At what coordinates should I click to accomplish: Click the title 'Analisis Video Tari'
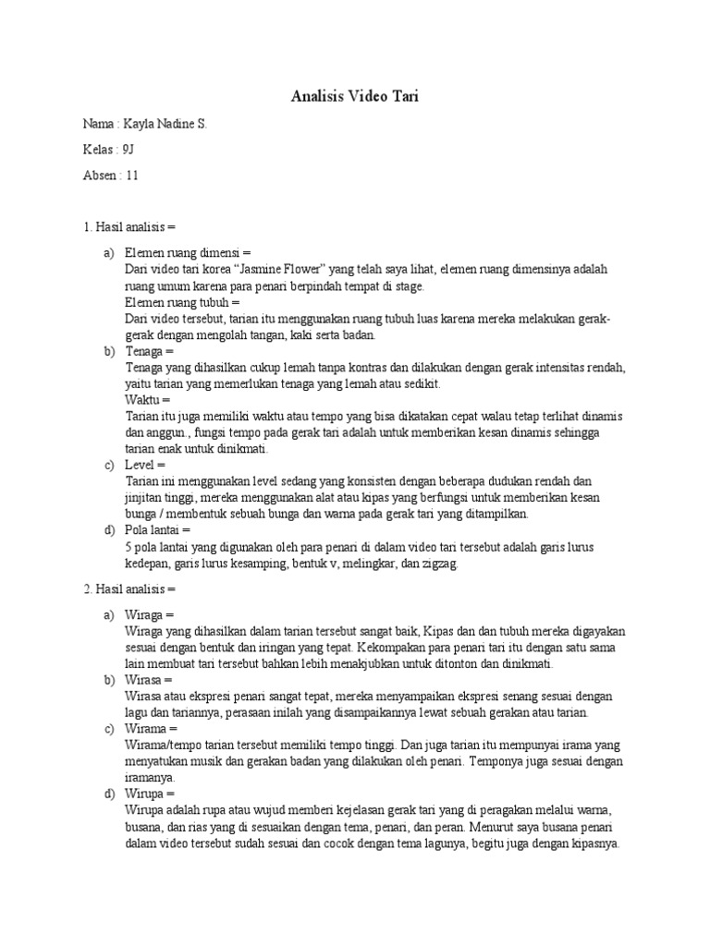click(355, 95)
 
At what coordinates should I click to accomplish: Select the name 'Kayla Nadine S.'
click(163, 123)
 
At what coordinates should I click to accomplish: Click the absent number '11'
click(131, 176)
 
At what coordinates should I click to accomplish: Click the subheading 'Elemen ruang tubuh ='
click(182, 303)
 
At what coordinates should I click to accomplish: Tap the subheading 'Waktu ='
click(148, 400)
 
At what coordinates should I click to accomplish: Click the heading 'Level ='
click(145, 465)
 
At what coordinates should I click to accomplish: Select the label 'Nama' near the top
click(98, 123)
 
